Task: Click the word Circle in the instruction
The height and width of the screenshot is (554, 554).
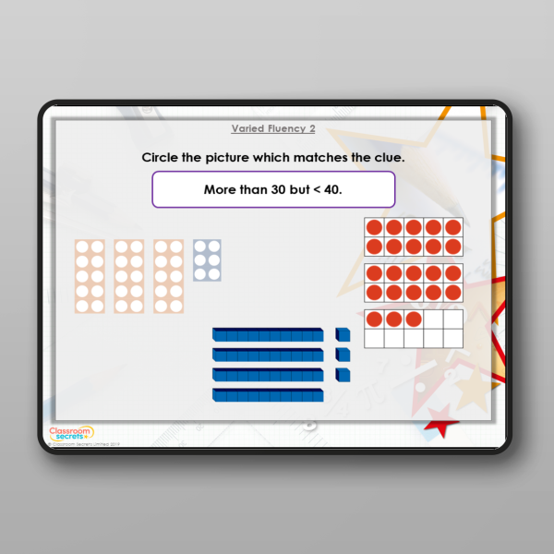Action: pos(160,157)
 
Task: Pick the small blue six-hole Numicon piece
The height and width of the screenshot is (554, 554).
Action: pos(207,260)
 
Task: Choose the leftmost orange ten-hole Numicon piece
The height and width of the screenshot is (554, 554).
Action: pos(90,276)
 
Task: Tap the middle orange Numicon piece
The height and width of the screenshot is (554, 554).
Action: pos(129,276)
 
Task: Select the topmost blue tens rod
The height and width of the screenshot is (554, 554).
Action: pos(268,334)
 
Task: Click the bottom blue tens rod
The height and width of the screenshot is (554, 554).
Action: pos(268,395)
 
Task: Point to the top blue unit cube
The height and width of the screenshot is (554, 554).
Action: pos(343,334)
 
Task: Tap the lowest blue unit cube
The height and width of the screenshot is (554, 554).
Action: pos(343,375)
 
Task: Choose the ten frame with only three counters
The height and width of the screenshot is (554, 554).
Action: pos(413,329)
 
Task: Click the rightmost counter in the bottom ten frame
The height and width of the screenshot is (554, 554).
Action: pos(413,319)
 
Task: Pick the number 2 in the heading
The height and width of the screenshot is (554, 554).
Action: pos(312,129)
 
